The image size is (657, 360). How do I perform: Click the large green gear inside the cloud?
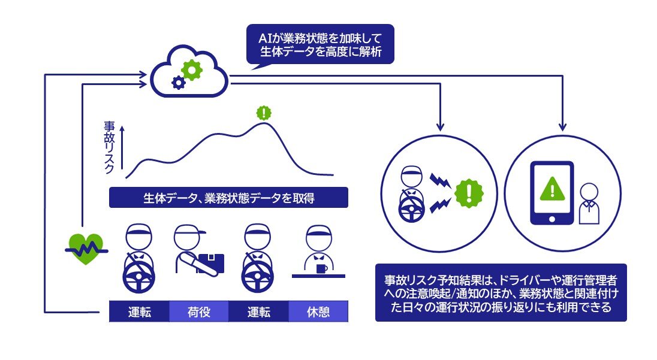click(x=192, y=70)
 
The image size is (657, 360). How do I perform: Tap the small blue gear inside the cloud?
click(x=177, y=83)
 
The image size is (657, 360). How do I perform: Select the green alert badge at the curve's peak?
click(x=263, y=112)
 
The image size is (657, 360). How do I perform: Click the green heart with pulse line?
click(x=84, y=247)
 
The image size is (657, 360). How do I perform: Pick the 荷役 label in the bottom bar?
click(x=199, y=312)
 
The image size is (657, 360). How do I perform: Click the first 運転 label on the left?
click(x=139, y=312)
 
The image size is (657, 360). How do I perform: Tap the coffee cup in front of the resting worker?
click(x=322, y=268)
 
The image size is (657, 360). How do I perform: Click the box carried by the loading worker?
click(x=210, y=262)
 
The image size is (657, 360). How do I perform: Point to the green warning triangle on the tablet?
click(x=551, y=190)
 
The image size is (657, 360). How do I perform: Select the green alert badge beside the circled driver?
click(x=468, y=193)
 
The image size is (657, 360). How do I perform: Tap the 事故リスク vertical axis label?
click(x=109, y=147)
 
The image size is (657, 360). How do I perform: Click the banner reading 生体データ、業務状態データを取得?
click(x=228, y=198)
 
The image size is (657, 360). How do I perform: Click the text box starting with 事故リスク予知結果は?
click(x=501, y=293)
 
